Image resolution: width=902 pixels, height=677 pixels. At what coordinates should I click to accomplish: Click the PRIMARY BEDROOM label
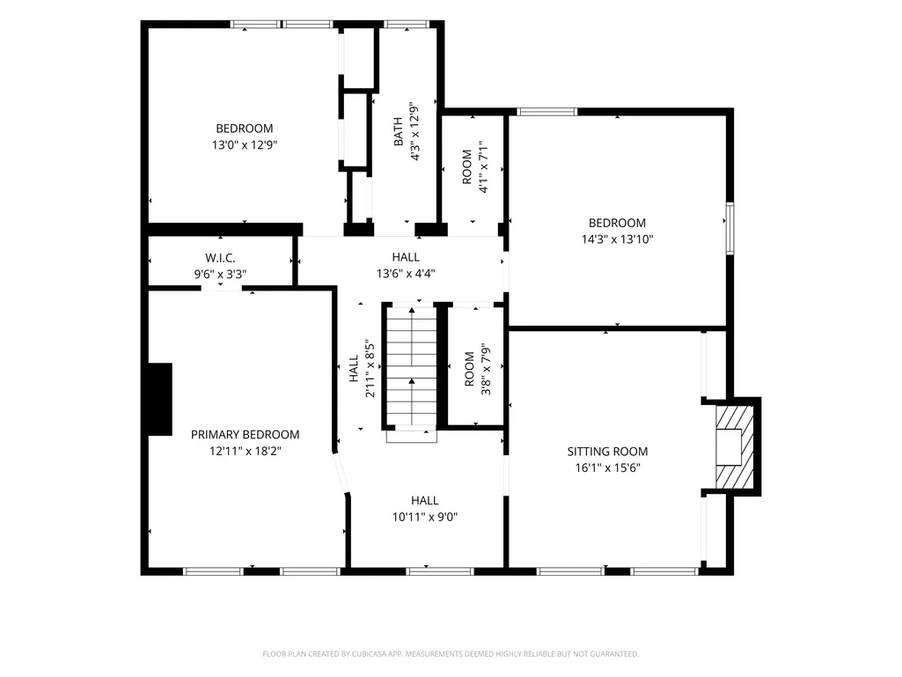tap(245, 435)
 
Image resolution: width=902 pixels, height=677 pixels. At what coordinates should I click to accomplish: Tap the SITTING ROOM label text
tap(607, 452)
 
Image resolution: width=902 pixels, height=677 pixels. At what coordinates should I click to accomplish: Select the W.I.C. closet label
tap(220, 258)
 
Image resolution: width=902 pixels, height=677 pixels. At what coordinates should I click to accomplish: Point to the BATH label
tap(398, 132)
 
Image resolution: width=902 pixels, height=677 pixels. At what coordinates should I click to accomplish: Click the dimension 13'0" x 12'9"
tap(245, 144)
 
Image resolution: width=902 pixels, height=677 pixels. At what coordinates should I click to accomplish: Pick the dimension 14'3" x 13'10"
tap(617, 239)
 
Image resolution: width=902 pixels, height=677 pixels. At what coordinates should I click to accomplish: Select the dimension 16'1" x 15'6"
tap(607, 467)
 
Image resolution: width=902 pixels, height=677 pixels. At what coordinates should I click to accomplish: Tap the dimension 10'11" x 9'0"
tap(425, 517)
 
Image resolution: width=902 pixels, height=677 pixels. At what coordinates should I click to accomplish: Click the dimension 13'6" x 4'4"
tap(406, 274)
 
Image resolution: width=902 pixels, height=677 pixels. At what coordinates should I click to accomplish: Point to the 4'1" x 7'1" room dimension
tap(483, 167)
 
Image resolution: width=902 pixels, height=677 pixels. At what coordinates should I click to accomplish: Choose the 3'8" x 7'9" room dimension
tap(486, 370)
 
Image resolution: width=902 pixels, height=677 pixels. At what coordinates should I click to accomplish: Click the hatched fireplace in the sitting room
tap(734, 447)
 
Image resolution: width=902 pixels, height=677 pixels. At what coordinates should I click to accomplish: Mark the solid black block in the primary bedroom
tap(160, 399)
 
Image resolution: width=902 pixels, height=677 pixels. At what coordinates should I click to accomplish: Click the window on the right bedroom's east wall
tap(730, 228)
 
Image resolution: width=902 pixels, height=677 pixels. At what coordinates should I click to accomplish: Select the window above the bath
tap(407, 24)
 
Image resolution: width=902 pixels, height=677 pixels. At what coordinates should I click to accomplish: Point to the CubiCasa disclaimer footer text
tap(451, 654)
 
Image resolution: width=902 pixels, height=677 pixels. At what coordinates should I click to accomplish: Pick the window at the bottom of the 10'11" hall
tap(439, 571)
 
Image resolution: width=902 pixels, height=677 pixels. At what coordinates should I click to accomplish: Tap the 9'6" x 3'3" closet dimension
tap(220, 274)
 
